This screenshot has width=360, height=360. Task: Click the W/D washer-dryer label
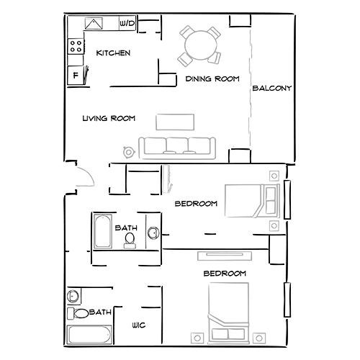tap(127, 24)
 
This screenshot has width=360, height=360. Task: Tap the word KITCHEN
tap(113, 53)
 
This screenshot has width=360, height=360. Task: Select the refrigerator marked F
tap(76, 75)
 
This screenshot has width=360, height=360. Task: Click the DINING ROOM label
tap(212, 78)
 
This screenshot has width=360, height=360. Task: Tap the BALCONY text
tap(271, 89)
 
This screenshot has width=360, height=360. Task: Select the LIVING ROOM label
tap(109, 118)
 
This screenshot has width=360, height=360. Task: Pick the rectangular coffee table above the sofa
tap(175, 120)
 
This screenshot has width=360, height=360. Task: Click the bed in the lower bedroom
tap(229, 312)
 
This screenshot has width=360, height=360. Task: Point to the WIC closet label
tap(139, 325)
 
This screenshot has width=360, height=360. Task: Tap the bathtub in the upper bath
tap(101, 232)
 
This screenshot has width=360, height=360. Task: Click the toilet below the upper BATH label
tap(130, 240)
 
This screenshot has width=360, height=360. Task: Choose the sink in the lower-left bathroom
tap(73, 296)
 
